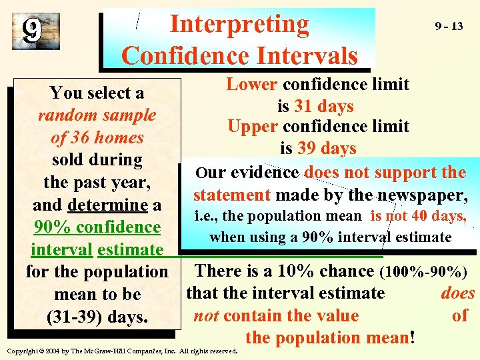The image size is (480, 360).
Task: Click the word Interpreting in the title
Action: coord(239,25)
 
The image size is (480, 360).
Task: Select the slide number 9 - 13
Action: coord(449,27)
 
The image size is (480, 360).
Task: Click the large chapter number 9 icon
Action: coord(32,30)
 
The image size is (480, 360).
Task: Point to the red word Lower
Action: coord(252,85)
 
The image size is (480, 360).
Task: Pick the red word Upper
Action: coord(252,127)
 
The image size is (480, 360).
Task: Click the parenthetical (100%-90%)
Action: coord(423,272)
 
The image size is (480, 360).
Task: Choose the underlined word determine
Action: coord(107,205)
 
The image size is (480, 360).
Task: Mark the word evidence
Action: coord(267,173)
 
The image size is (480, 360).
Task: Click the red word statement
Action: coord(231,195)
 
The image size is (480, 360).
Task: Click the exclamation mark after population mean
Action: coord(414,337)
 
